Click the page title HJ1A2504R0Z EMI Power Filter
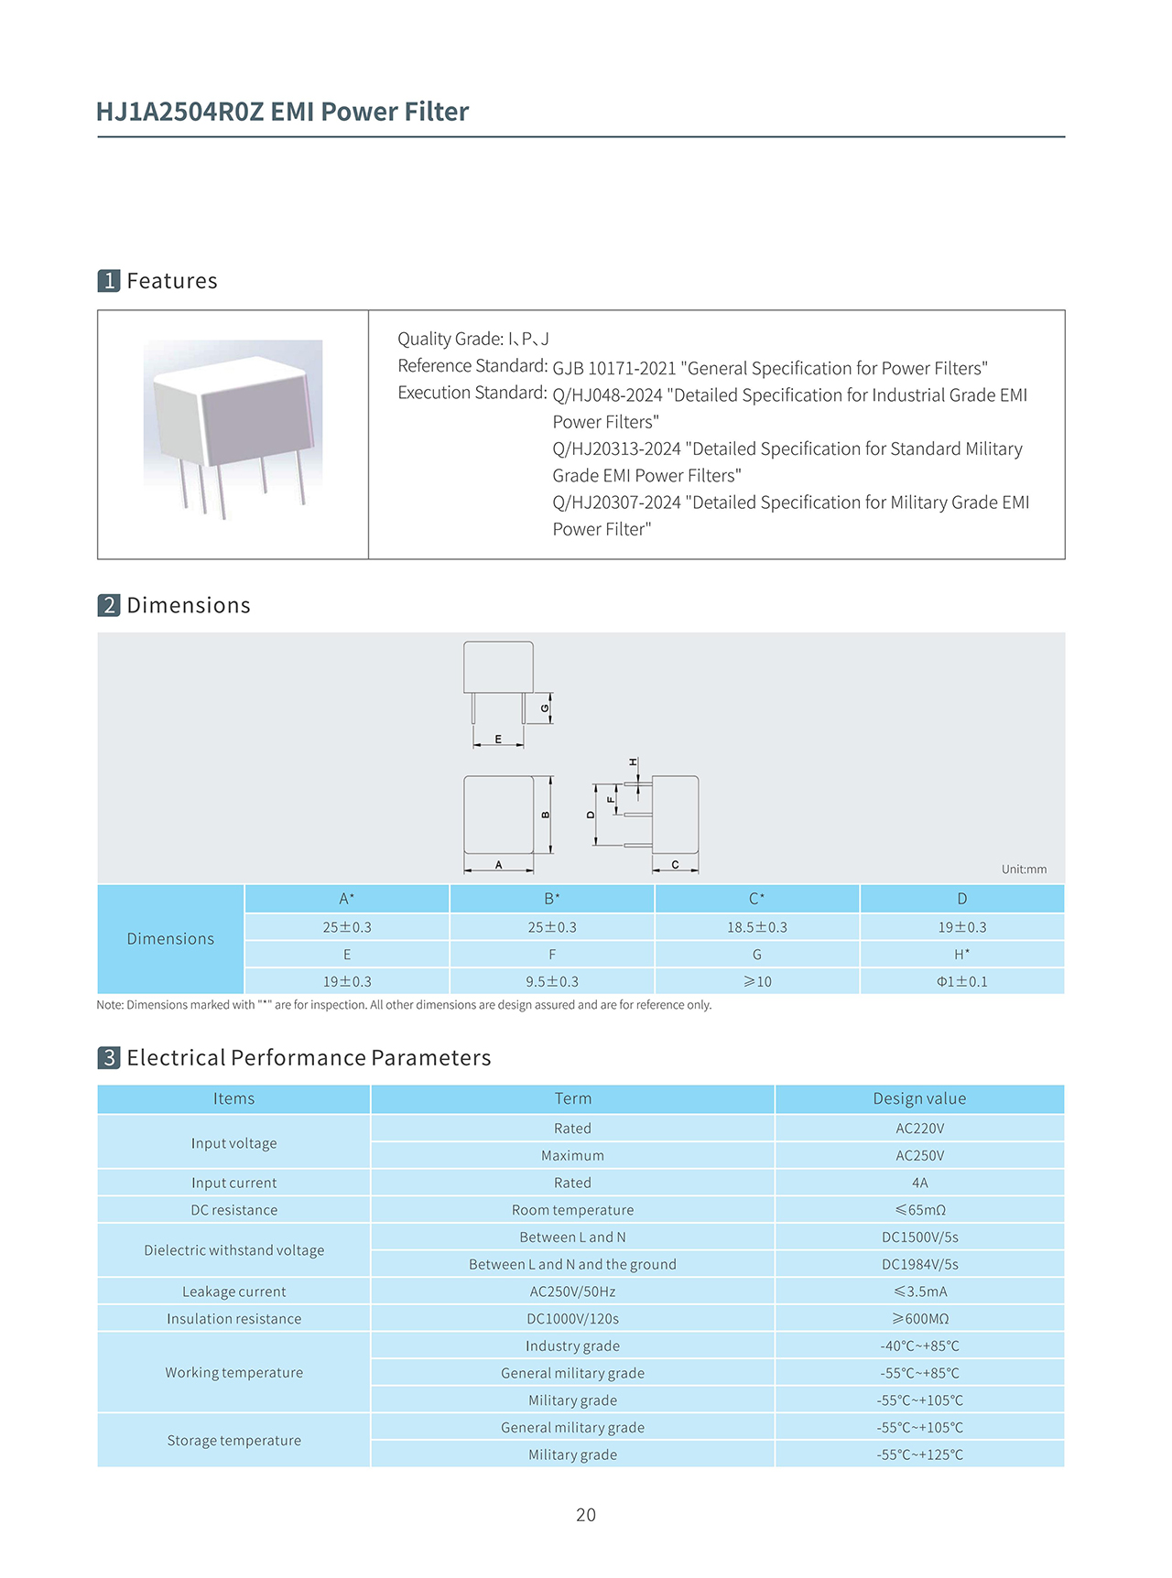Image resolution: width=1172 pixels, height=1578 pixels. click(x=282, y=112)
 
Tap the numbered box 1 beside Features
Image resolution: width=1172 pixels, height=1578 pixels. click(x=109, y=281)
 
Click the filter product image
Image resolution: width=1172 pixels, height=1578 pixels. click(x=233, y=427)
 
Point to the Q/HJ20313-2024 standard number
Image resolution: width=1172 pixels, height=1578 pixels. click(x=616, y=449)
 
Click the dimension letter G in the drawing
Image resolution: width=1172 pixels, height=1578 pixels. click(x=545, y=708)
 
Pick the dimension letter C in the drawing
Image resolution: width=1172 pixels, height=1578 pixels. click(x=675, y=865)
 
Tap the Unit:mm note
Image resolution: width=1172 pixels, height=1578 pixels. click(x=1024, y=870)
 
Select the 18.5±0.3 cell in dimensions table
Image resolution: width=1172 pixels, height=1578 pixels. click(x=756, y=927)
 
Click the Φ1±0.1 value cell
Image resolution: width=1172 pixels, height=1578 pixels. click(x=961, y=981)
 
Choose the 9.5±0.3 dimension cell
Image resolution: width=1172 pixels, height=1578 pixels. click(x=552, y=981)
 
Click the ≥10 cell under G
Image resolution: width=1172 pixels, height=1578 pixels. click(x=756, y=981)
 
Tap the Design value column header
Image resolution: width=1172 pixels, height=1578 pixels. click(x=919, y=1098)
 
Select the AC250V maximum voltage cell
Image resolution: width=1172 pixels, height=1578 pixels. click(x=919, y=1155)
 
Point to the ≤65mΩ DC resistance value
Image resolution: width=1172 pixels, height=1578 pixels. click(x=919, y=1210)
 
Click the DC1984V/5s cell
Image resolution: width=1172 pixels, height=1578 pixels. click(x=919, y=1264)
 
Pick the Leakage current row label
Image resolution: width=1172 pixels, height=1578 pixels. click(x=233, y=1292)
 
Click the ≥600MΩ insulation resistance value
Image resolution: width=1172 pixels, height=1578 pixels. click(x=919, y=1319)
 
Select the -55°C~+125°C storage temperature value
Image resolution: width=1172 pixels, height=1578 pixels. click(x=919, y=1454)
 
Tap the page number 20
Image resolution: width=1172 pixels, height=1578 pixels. click(x=586, y=1515)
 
